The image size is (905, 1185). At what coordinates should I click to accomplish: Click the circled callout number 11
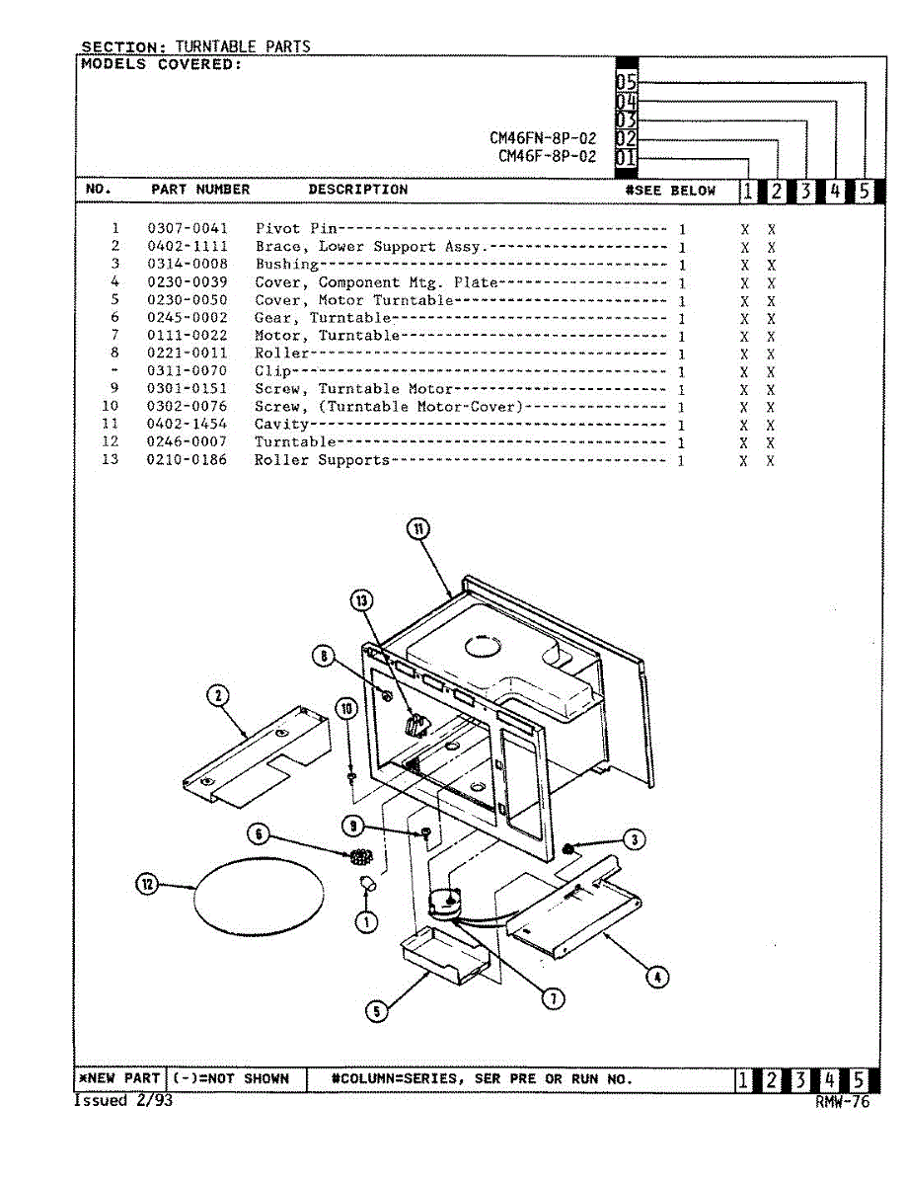[x=418, y=529]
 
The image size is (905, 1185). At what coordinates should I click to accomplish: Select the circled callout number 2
[x=216, y=697]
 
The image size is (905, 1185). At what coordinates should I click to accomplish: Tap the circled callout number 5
[x=375, y=1010]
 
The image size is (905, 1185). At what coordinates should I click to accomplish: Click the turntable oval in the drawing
[x=259, y=897]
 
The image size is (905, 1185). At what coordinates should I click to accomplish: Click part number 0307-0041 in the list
[x=188, y=229]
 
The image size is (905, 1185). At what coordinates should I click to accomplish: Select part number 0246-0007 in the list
[x=188, y=442]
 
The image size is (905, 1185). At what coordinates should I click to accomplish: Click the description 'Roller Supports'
[x=322, y=461]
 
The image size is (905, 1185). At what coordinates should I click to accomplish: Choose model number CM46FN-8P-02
[x=543, y=139]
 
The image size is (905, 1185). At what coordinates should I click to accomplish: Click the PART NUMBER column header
[x=200, y=190]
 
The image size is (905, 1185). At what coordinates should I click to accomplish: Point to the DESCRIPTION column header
[x=357, y=190]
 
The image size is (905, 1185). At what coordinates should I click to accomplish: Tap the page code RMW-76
[x=843, y=1103]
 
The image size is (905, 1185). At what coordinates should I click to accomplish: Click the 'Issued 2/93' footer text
[x=123, y=1100]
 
